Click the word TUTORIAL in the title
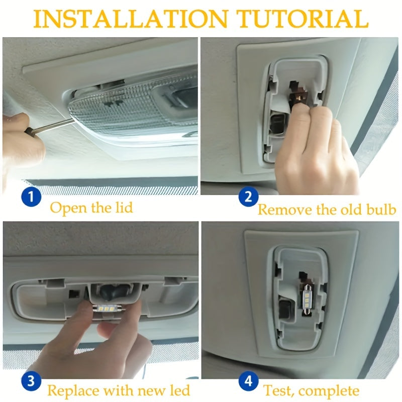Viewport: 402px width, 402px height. click(303, 19)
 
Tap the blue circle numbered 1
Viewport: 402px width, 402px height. click(31, 196)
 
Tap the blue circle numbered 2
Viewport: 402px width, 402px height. click(247, 196)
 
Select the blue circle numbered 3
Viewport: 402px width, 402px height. click(31, 380)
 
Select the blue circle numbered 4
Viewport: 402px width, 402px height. click(247, 380)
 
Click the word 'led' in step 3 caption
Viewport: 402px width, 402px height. click(178, 390)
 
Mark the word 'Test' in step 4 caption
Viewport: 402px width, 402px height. click(275, 390)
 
